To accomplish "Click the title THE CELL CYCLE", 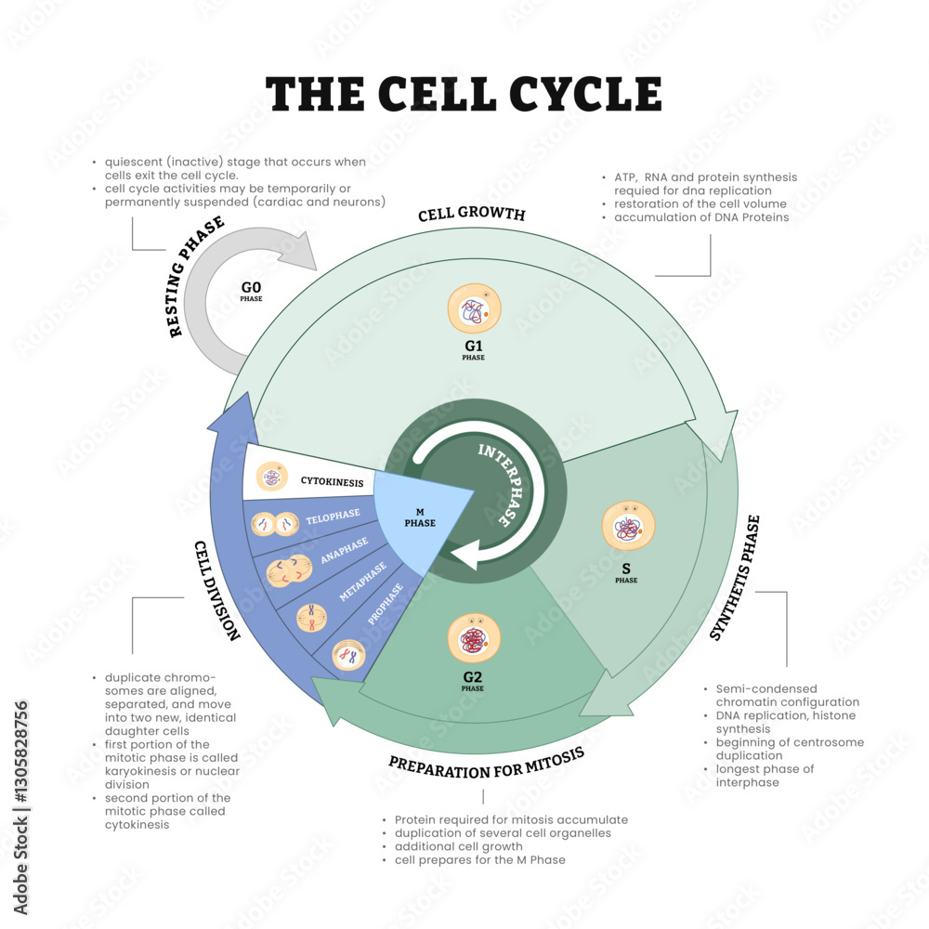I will pyautogui.click(x=464, y=94).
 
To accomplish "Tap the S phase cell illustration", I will pyautogui.click(x=626, y=528).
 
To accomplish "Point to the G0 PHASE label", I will pyautogui.click(x=251, y=292).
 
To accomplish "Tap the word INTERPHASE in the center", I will pyautogui.click(x=496, y=483).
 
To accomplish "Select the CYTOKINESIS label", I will pyautogui.click(x=333, y=481).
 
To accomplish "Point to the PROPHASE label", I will pyautogui.click(x=386, y=604).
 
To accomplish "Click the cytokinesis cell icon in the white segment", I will pyautogui.click(x=271, y=478).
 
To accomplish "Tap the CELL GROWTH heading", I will pyautogui.click(x=471, y=215).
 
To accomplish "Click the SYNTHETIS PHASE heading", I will pyautogui.click(x=735, y=578).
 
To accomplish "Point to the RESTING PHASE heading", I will pyautogui.click(x=197, y=277).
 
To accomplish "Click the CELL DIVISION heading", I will pyautogui.click(x=217, y=590).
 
